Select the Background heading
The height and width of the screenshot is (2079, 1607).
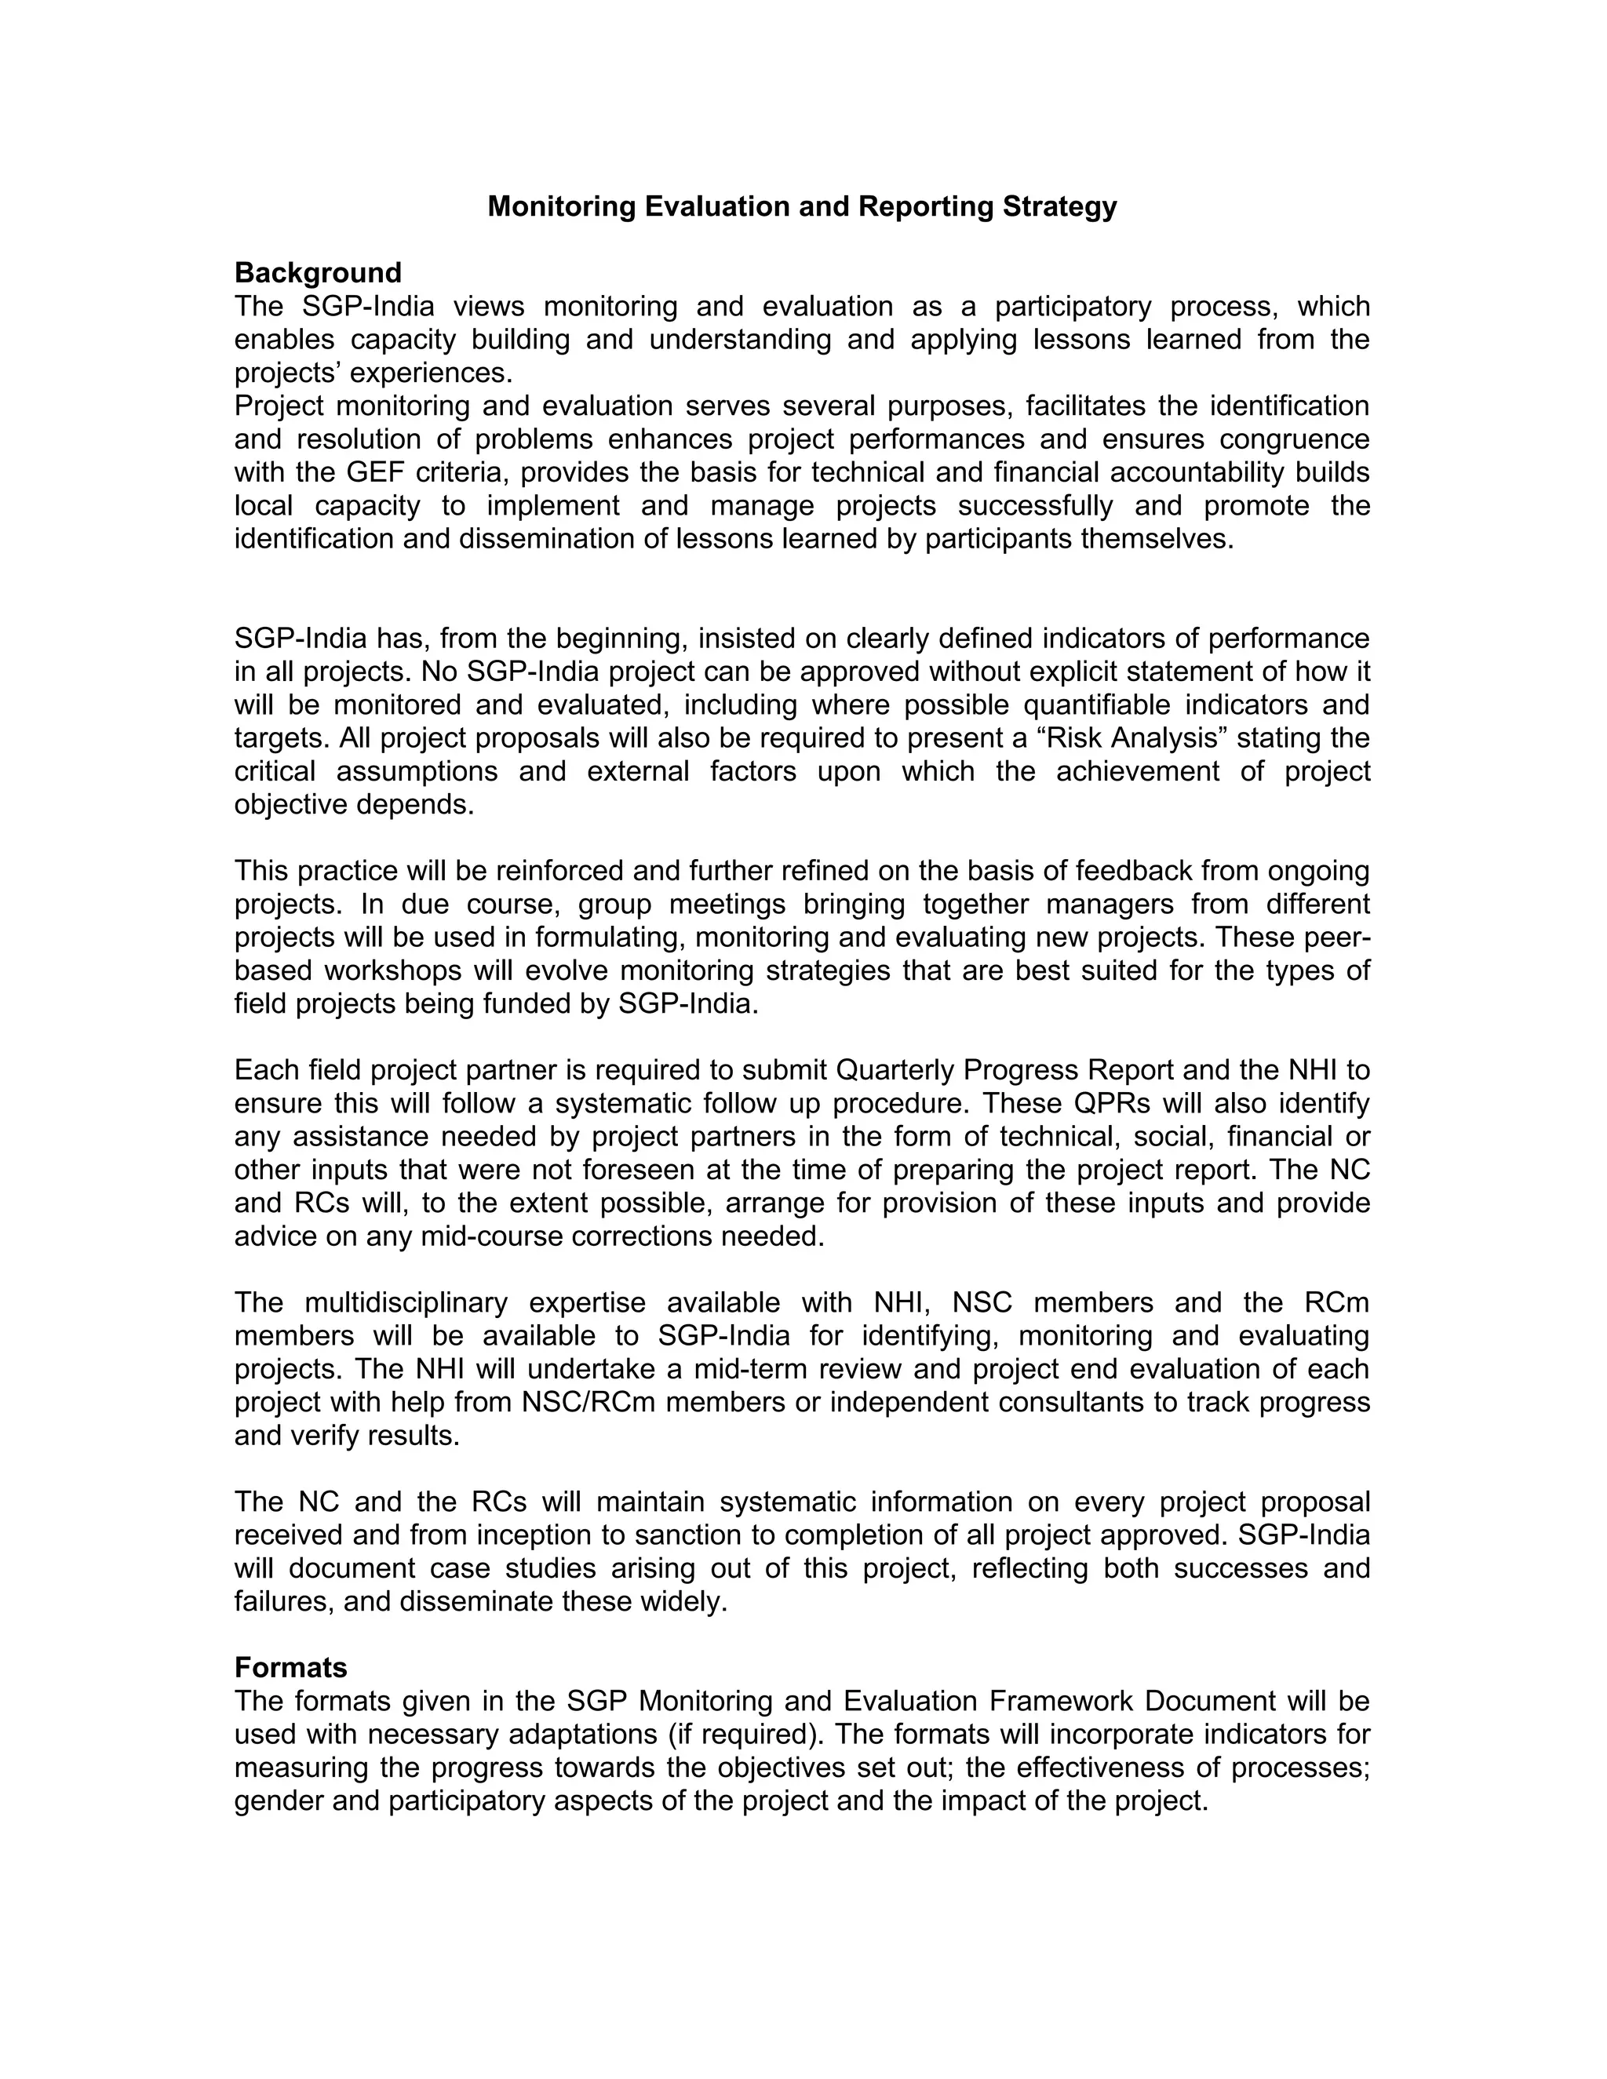coord(318,273)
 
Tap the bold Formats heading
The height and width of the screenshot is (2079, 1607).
coord(290,1667)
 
